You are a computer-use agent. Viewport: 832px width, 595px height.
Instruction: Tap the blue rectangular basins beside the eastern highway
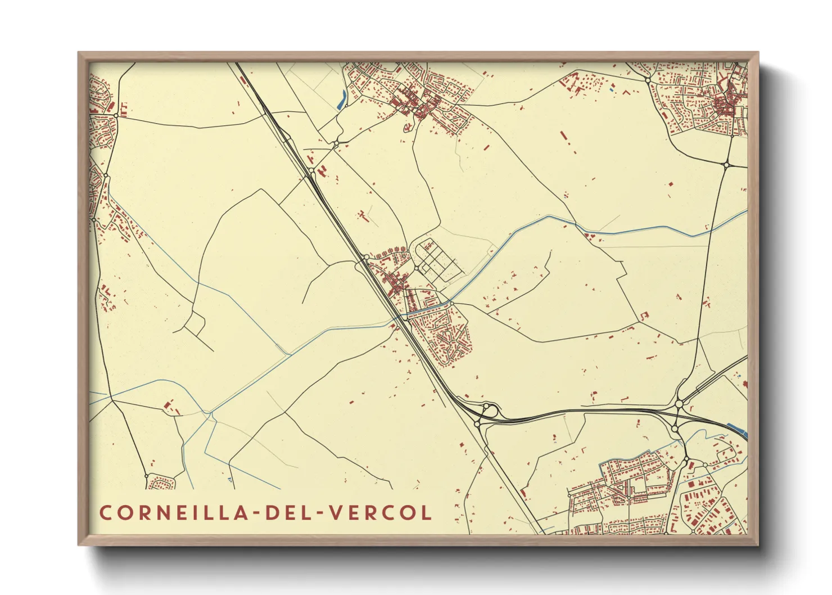pyautogui.click(x=737, y=430)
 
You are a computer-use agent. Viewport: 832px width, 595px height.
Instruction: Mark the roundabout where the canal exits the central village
pyautogui.click(x=451, y=303)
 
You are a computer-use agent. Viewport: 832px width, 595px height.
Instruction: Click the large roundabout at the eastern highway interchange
pyautogui.click(x=679, y=404)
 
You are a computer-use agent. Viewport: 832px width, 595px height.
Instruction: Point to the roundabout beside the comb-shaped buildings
pyautogui.click(x=115, y=115)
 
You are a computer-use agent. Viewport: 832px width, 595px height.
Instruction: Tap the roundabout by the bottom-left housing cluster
pyautogui.click(x=147, y=476)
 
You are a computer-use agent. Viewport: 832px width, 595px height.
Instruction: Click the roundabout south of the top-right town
pyautogui.click(x=726, y=165)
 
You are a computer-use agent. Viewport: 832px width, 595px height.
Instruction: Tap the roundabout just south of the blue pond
pyautogui.click(x=336, y=145)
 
